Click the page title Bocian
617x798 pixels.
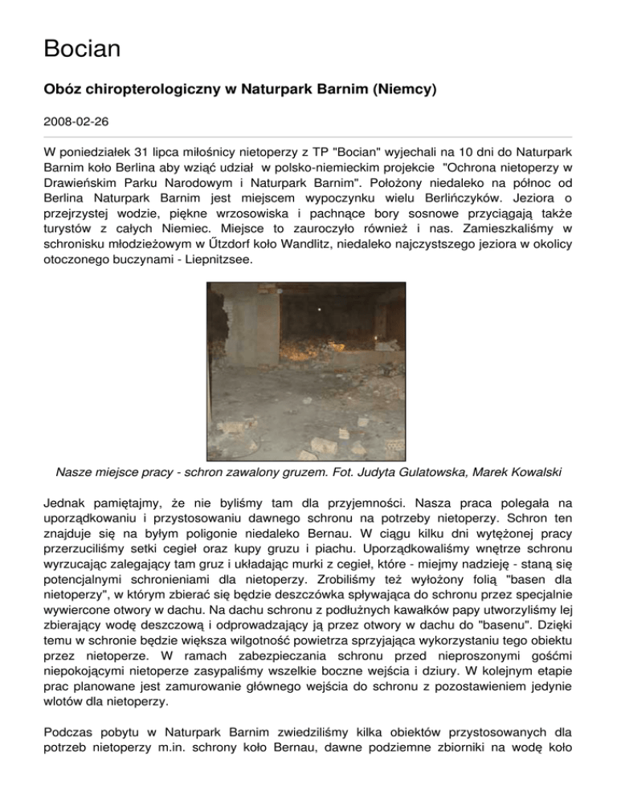coord(82,49)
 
